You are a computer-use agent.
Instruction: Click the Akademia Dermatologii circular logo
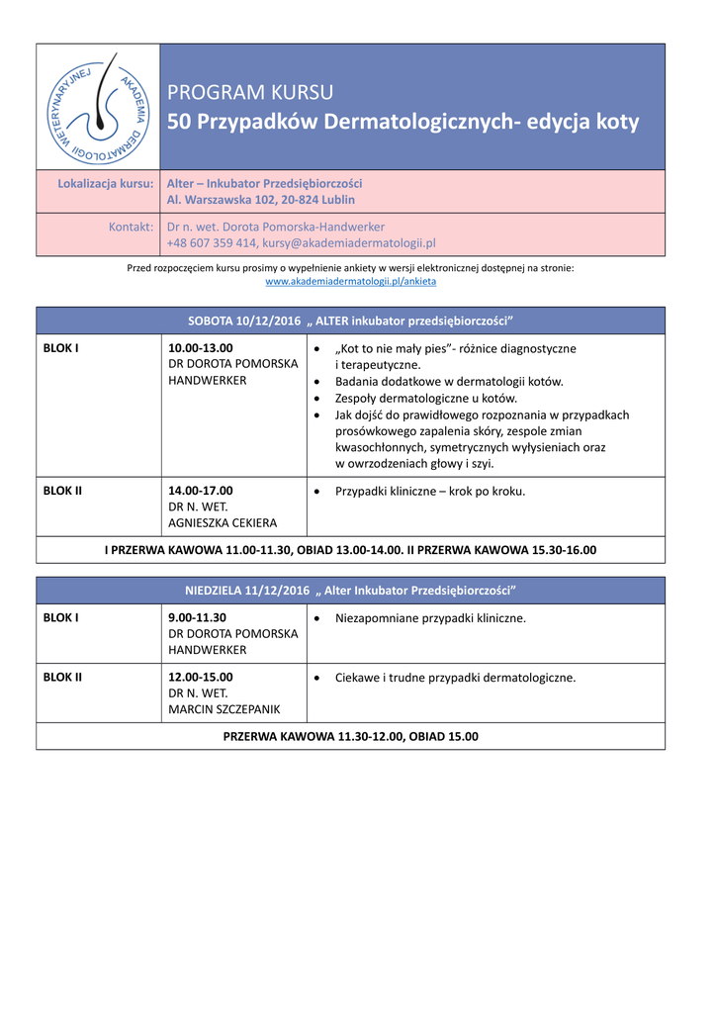[98, 107]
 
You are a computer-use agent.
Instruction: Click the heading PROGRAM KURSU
[250, 93]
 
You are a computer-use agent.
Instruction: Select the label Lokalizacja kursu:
[106, 183]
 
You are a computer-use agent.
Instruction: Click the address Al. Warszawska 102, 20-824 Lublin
[261, 200]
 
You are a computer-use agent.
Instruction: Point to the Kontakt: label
[131, 227]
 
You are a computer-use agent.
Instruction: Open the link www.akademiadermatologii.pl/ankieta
[351, 281]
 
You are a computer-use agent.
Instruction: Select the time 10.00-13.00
[201, 348]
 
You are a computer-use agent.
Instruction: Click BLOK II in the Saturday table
[62, 490]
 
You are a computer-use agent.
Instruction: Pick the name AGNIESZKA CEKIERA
[223, 522]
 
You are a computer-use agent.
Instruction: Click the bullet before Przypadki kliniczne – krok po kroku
[315, 492]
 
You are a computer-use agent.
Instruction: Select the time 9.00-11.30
[198, 617]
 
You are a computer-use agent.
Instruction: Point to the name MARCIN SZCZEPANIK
[224, 709]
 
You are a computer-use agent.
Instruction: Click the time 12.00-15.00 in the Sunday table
[201, 677]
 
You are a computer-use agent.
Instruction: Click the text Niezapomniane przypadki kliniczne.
[430, 617]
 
